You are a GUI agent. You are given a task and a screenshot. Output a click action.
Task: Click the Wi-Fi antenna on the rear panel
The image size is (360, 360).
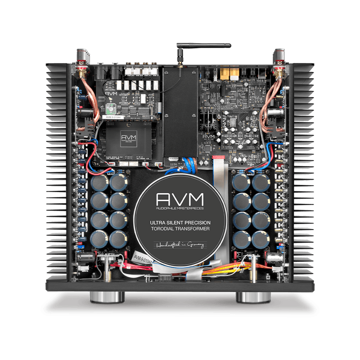coord(203,45)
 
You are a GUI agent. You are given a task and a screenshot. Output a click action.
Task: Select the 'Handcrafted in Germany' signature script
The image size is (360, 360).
coord(180,246)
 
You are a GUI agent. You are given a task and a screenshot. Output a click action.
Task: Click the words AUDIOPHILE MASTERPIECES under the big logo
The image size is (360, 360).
coord(180,209)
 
